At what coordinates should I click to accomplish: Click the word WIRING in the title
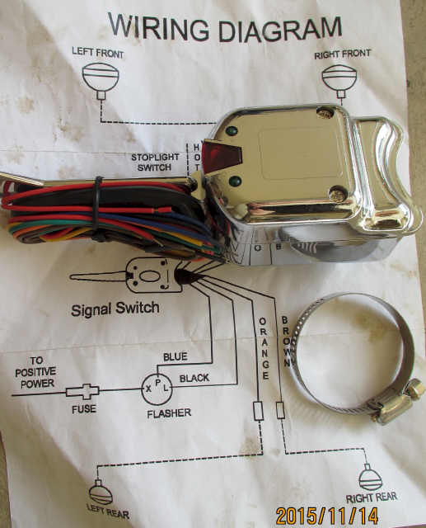[x=158, y=26]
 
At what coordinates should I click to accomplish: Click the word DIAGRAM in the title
[x=280, y=30]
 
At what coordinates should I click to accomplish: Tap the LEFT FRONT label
[x=97, y=52]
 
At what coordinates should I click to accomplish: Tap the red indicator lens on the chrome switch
[x=222, y=156]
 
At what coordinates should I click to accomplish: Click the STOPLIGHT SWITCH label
[x=155, y=162]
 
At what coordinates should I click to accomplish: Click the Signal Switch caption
[x=115, y=309]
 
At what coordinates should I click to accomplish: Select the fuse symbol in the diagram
[x=82, y=392]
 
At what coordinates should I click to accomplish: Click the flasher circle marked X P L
[x=157, y=389]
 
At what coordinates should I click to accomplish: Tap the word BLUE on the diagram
[x=176, y=356]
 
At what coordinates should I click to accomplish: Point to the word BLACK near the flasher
[x=194, y=379]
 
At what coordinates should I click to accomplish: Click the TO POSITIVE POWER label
[x=35, y=372]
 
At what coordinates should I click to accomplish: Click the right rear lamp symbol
[x=370, y=478]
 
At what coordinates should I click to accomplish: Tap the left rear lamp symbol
[x=101, y=493]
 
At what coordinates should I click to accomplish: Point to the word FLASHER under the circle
[x=169, y=413]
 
